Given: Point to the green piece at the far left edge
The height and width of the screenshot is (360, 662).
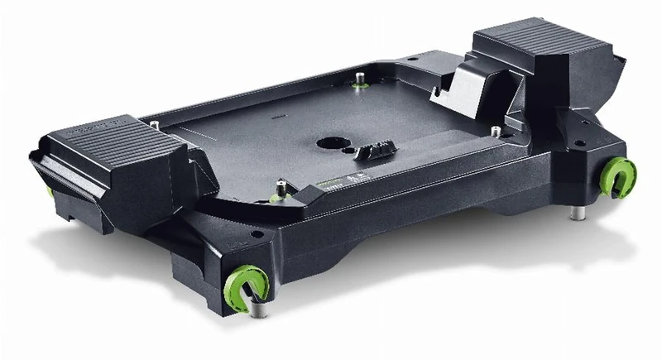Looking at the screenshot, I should point(50,190).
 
